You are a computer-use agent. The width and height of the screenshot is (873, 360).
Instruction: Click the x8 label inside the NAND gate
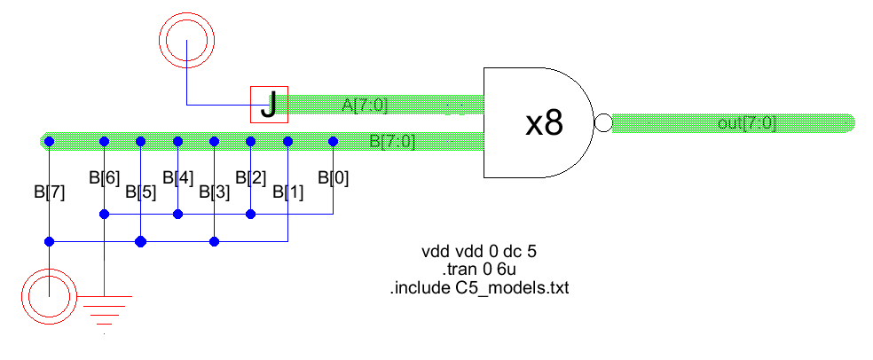pos(544,124)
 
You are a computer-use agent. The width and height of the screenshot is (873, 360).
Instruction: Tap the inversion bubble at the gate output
pos(603,123)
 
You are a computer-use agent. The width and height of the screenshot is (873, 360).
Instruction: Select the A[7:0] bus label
pos(365,106)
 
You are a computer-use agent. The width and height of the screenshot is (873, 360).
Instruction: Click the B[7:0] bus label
pos(391,140)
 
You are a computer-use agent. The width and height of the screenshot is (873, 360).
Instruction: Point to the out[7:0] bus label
pos(746,123)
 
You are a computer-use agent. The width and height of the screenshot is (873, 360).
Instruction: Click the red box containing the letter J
pos(269,105)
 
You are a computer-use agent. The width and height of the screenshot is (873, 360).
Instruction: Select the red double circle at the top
pos(186,38)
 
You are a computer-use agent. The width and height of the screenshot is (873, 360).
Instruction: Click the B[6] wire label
pos(104,177)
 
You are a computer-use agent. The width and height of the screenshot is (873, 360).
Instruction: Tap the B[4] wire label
pos(177,177)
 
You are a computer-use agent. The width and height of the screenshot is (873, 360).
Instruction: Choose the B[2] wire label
pos(251,177)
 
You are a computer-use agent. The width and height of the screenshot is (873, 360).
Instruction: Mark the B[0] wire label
pos(333,177)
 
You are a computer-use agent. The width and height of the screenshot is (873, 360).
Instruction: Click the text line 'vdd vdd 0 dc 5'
pos(479,251)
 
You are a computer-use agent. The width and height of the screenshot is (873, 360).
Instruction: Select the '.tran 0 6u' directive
pos(479,269)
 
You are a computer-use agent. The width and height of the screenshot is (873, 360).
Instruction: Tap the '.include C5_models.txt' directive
pos(479,287)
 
